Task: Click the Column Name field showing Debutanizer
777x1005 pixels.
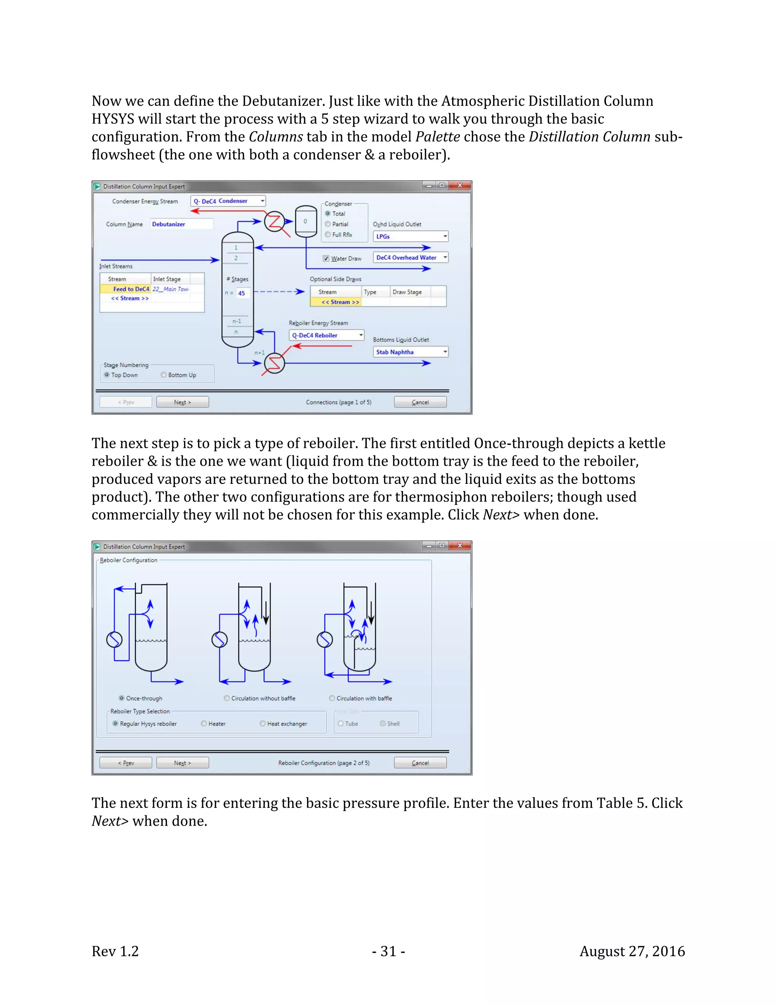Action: (181, 224)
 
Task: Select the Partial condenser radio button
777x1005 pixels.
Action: (328, 224)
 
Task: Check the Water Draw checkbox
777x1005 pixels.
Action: (326, 259)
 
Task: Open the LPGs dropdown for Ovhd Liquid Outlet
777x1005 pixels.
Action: (445, 237)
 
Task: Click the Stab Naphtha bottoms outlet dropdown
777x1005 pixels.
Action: (445, 352)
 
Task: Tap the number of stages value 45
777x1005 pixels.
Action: (242, 293)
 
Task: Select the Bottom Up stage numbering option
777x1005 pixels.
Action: (164, 375)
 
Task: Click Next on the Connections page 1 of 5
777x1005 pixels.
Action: (182, 402)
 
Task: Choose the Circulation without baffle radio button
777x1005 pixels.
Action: (227, 698)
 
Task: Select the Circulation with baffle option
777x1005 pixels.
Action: (332, 698)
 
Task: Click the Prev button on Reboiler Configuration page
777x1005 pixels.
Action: (126, 763)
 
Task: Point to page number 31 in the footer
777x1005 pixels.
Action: (388, 951)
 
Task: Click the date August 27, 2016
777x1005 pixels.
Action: (632, 951)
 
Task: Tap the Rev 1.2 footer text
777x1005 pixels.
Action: (115, 951)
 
